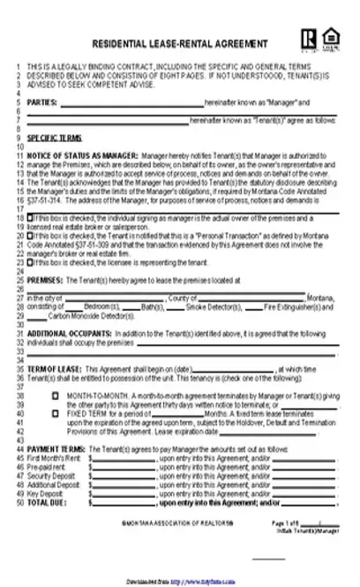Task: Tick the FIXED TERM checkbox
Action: pyautogui.click(x=55, y=412)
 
